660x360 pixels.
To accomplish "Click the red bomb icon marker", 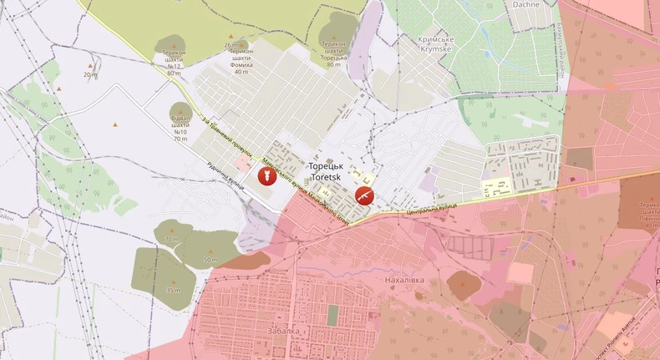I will pos(267,176).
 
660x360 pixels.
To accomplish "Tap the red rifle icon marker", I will pos(363,195).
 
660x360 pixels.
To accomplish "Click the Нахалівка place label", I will pos(405,281).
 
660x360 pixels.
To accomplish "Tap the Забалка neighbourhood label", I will pos(285,331).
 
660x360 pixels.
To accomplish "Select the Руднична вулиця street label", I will pos(226,174).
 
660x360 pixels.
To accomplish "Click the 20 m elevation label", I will pos(89,74).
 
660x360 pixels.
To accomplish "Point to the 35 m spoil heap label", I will pos(173,290).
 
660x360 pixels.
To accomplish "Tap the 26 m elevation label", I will pos(231,44).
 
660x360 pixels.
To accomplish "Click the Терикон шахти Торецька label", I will pos(334,53).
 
